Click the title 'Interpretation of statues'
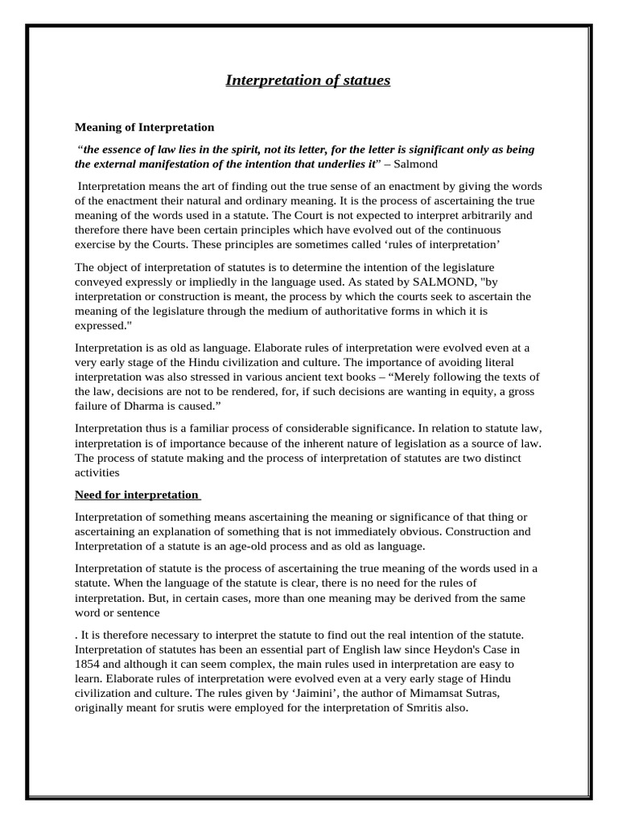coord(307,80)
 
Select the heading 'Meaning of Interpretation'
coord(144,127)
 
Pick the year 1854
coord(89,665)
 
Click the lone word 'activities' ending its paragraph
coord(97,473)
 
